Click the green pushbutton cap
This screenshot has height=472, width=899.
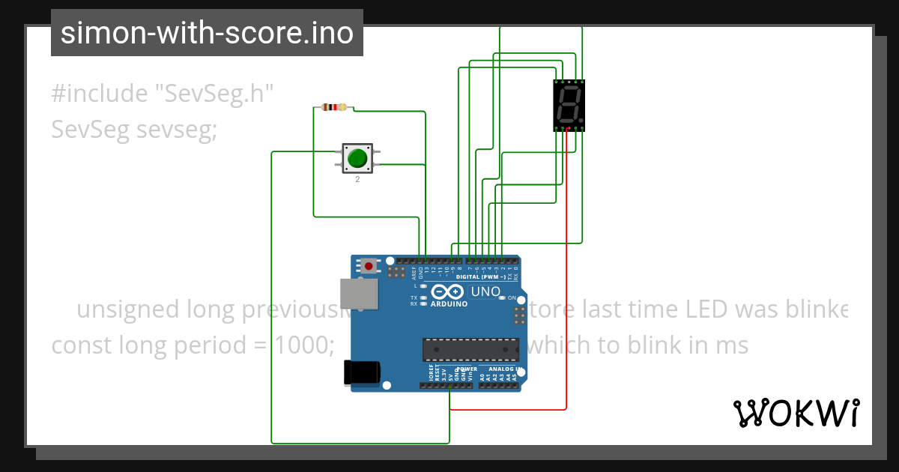tap(357, 158)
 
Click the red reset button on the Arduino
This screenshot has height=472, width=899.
tap(369, 266)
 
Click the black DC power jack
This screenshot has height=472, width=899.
tap(361, 372)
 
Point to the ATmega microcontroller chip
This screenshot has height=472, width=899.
tap(470, 349)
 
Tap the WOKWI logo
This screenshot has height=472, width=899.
tap(796, 413)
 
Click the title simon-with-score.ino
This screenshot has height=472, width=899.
tap(207, 33)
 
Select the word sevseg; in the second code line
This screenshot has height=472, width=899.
tap(178, 130)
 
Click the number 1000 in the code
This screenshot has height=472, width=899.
tap(301, 345)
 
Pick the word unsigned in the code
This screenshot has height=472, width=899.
tap(128, 309)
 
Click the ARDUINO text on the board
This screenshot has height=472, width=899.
tap(449, 304)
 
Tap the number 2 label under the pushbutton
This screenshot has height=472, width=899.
tap(357, 180)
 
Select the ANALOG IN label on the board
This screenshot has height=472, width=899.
tap(504, 369)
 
